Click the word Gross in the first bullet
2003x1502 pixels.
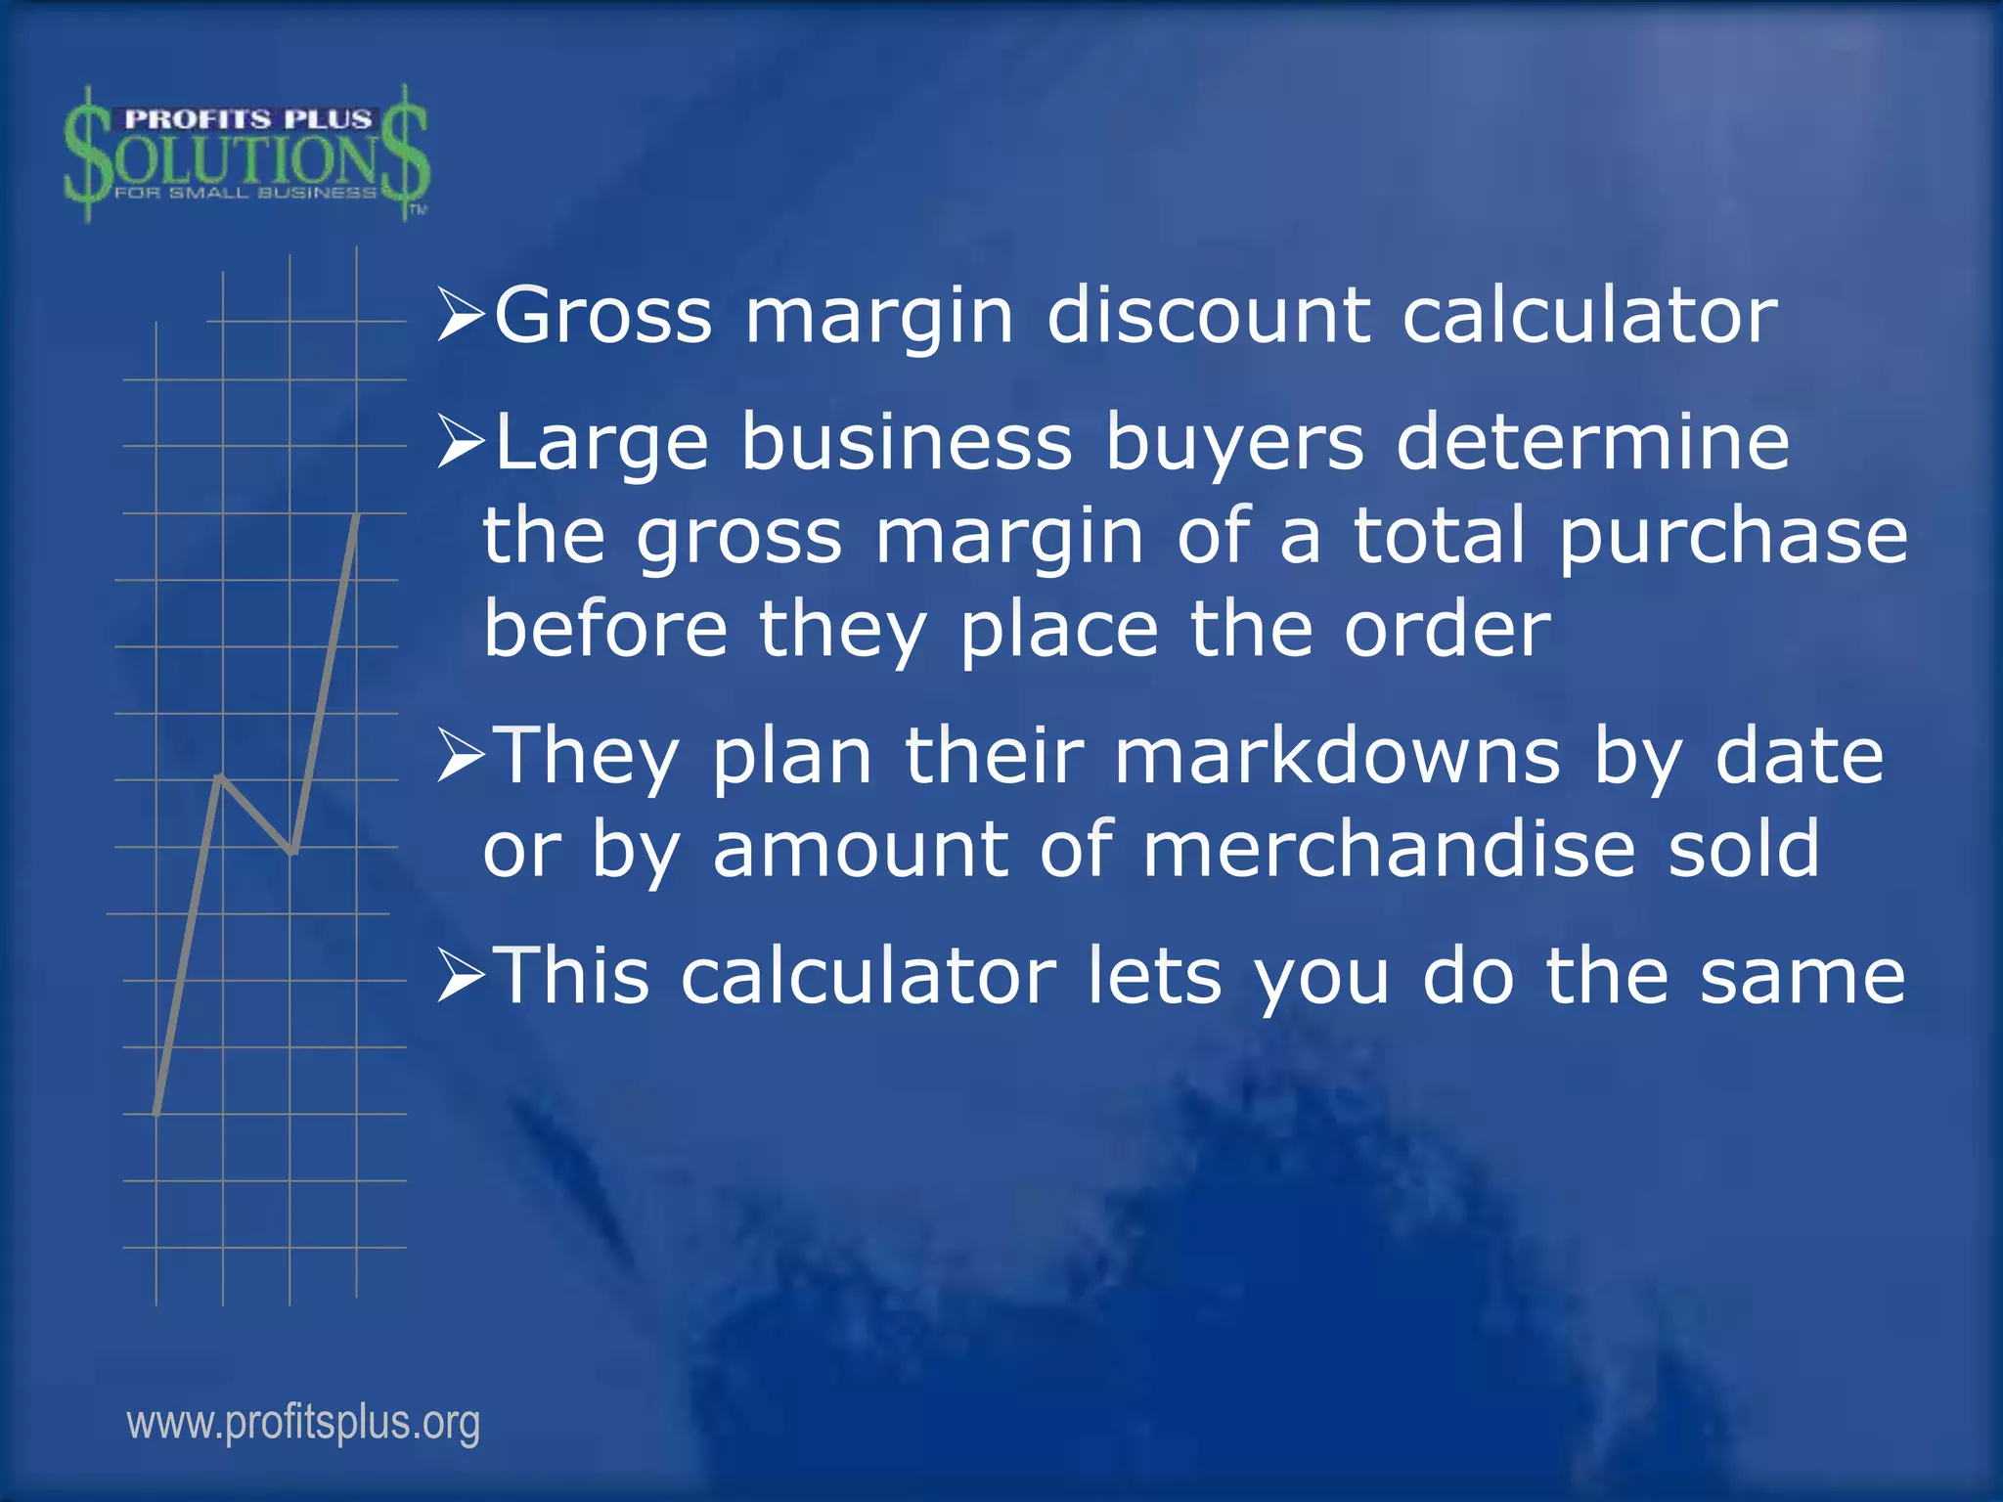click(x=603, y=316)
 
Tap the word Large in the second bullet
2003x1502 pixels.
click(x=601, y=442)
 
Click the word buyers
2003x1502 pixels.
click(x=1234, y=442)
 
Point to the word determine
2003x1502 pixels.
click(x=1592, y=442)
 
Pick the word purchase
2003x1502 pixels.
click(x=1732, y=536)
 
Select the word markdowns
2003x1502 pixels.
click(x=1337, y=756)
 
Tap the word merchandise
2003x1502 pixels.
click(x=1389, y=849)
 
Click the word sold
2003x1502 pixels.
click(x=1744, y=849)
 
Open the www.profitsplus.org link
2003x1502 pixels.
click(x=303, y=1423)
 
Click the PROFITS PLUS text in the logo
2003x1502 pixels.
click(x=247, y=119)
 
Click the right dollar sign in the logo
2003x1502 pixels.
click(x=405, y=153)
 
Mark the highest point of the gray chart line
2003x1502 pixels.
click(x=357, y=514)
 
